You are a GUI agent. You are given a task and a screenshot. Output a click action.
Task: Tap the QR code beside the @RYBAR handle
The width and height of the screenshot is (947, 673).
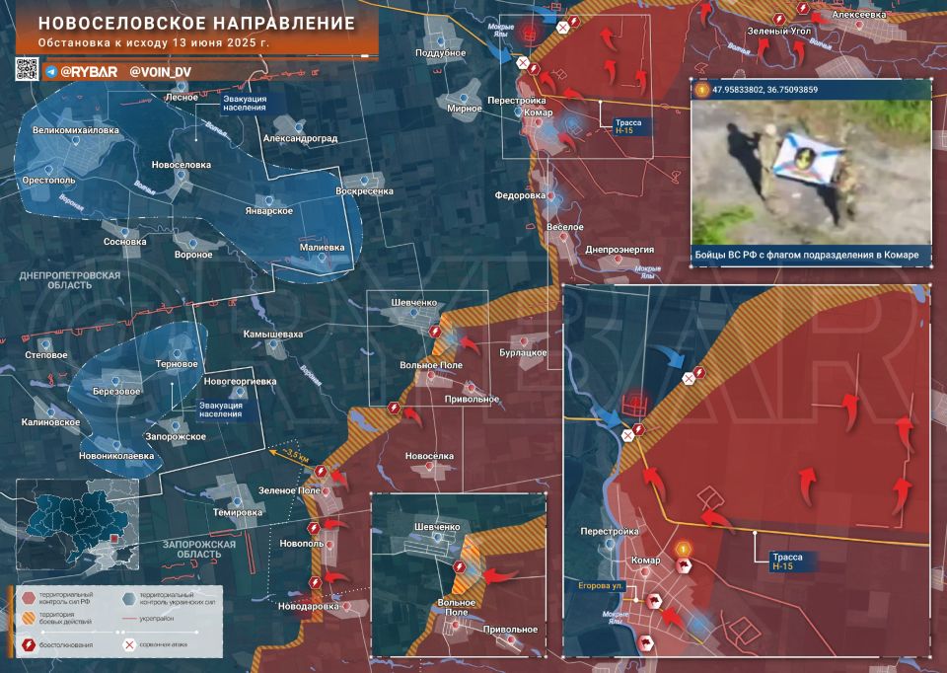[x=27, y=69]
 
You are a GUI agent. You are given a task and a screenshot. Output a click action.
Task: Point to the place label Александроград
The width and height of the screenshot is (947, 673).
[x=300, y=139]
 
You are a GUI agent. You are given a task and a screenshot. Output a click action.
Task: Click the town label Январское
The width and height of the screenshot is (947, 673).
[x=267, y=211]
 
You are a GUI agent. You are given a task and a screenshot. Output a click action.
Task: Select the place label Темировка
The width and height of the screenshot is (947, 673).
[x=237, y=512]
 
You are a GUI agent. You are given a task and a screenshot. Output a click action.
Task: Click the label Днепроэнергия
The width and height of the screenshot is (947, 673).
[x=619, y=250]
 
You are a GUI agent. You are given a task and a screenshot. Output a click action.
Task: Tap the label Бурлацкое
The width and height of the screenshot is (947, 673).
[x=523, y=351]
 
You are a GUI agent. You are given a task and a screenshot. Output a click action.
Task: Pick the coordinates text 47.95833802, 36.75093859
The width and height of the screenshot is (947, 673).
[x=770, y=90]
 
